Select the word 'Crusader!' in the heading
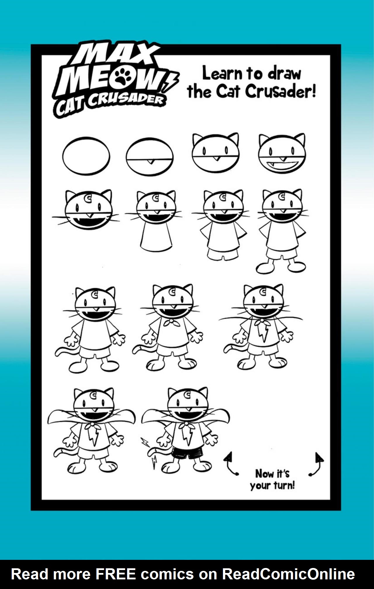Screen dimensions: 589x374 coord(280,92)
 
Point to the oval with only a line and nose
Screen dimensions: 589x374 coord(150,157)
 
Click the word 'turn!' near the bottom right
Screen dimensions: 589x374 coord(284,486)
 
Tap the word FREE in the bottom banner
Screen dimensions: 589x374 coord(116,574)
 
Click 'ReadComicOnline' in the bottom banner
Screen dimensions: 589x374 coord(288,574)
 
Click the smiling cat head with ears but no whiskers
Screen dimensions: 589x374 coord(282,154)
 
